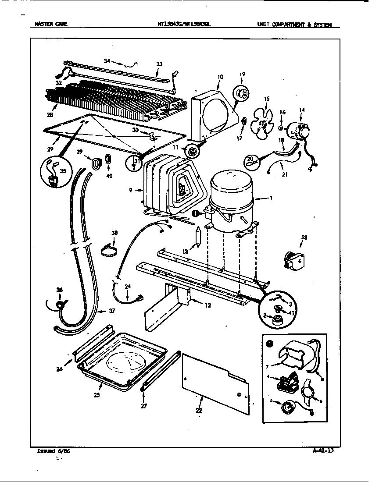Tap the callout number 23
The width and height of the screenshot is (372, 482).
pyautogui.click(x=304, y=237)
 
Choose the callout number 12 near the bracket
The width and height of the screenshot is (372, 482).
pyautogui.click(x=207, y=305)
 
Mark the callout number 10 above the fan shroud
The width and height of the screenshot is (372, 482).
pyautogui.click(x=220, y=77)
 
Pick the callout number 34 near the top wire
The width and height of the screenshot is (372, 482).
pyautogui.click(x=107, y=61)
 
